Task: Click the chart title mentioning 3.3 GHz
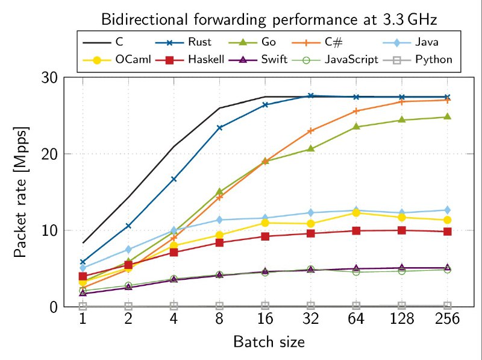coord(269,19)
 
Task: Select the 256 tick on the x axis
coord(447,319)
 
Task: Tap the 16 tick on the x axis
coord(264,319)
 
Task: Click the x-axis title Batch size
coord(269,343)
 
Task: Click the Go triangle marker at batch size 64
coord(356,126)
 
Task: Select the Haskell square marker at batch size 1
coord(83,276)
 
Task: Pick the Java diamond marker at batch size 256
coord(447,210)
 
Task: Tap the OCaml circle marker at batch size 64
coord(356,213)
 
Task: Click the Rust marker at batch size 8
coord(220,128)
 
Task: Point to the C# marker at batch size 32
coord(311,130)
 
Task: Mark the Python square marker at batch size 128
coord(402,306)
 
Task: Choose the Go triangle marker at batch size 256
coord(447,116)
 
